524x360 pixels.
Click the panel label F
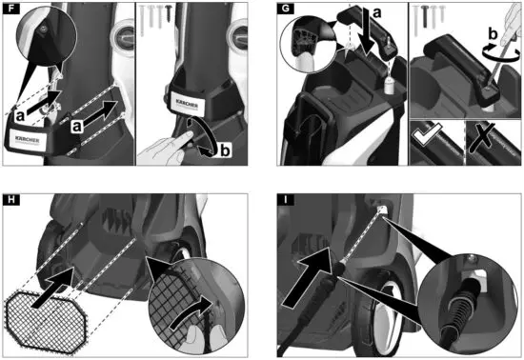[10, 10]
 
